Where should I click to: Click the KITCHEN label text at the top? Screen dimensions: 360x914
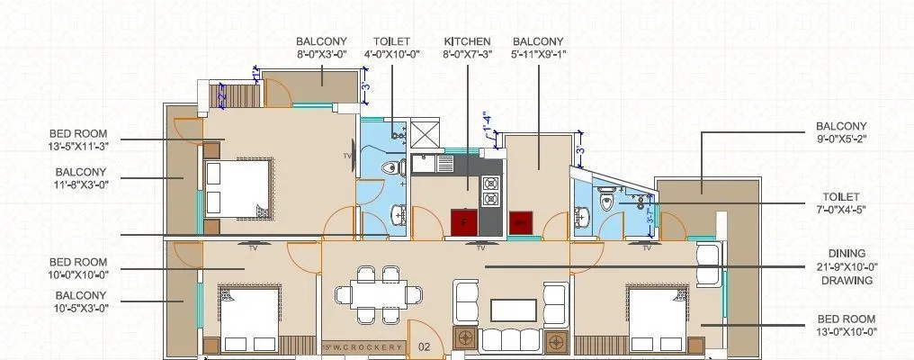(467, 41)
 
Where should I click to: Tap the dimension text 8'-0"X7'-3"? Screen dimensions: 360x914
(467, 54)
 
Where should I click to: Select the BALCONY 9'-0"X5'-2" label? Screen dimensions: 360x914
(841, 132)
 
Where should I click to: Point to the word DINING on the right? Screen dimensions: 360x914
(847, 254)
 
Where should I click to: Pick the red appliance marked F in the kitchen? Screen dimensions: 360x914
(463, 220)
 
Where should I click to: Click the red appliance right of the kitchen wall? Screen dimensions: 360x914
(520, 221)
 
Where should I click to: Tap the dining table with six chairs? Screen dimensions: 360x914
(379, 293)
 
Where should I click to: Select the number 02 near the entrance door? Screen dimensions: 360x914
(425, 346)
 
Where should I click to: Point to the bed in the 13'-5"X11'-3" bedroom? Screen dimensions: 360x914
(236, 187)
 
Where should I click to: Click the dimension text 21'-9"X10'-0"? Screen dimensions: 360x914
(846, 266)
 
